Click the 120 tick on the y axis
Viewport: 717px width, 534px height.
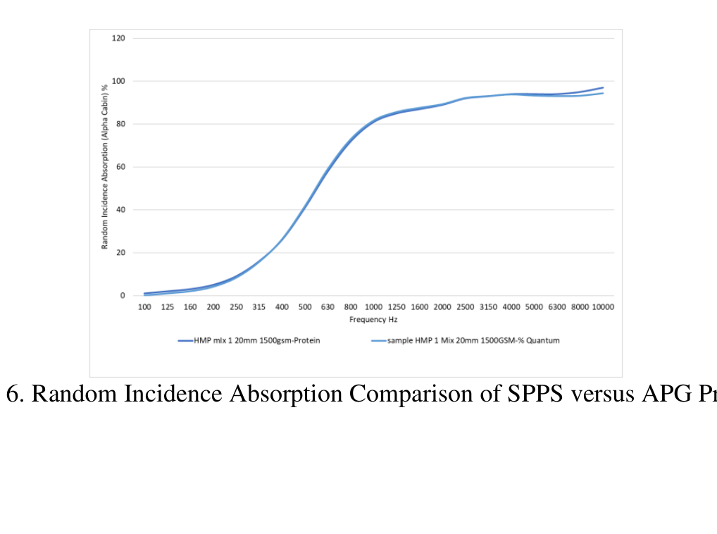click(118, 38)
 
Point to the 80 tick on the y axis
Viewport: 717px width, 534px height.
click(120, 124)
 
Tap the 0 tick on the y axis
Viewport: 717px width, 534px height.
click(122, 296)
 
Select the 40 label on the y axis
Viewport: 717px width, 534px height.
click(120, 210)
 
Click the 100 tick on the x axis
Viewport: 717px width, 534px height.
click(144, 307)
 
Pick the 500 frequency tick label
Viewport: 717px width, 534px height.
click(305, 307)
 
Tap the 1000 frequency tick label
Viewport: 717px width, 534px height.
click(373, 307)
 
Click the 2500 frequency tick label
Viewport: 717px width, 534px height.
click(465, 307)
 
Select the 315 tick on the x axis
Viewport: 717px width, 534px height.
click(259, 307)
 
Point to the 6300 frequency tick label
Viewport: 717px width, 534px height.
click(556, 307)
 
